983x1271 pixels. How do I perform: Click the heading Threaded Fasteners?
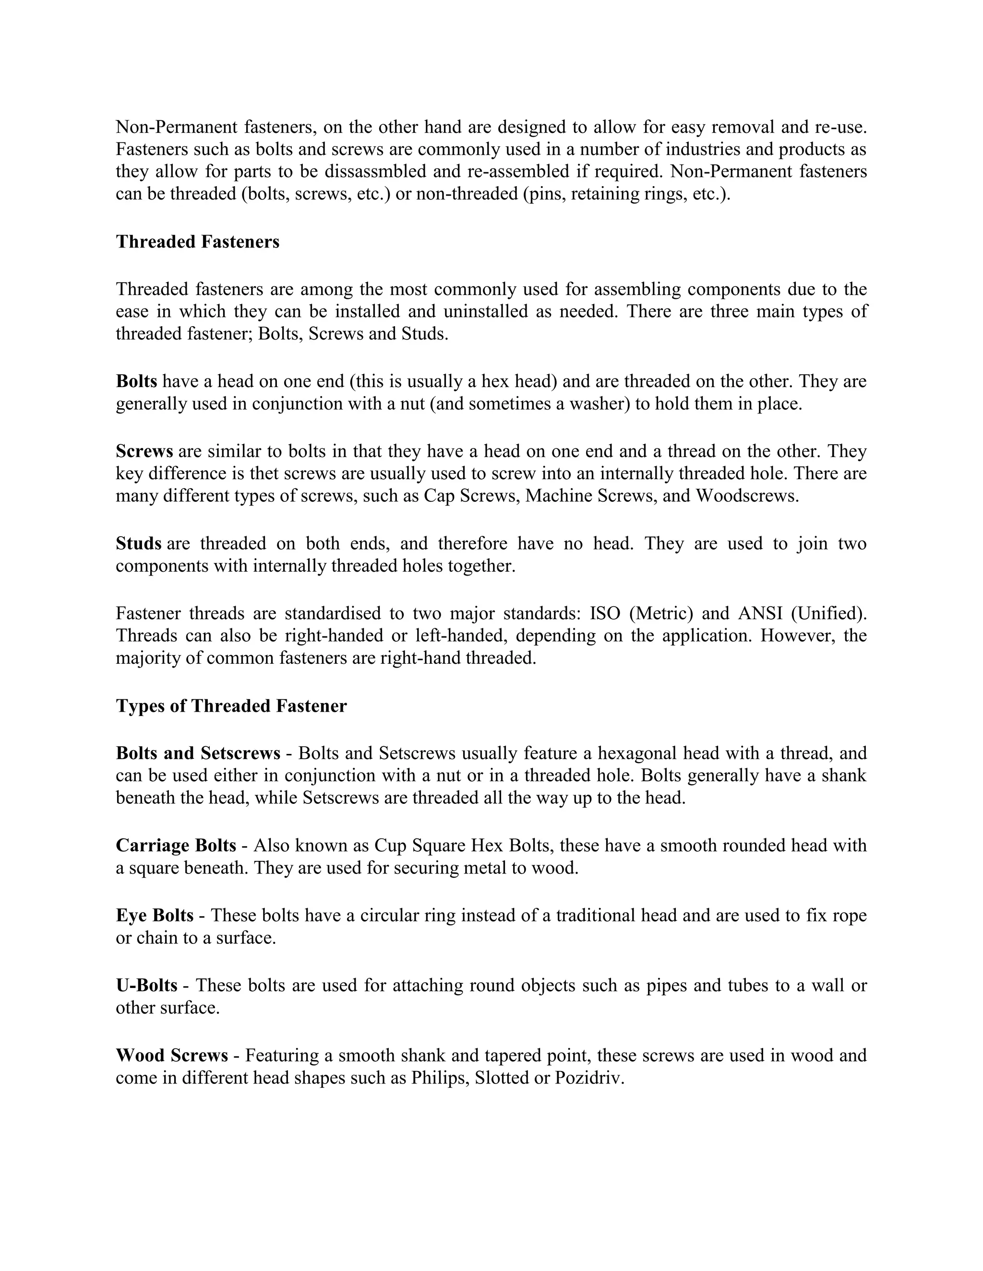[x=197, y=242]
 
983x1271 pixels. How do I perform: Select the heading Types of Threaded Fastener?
[x=231, y=706]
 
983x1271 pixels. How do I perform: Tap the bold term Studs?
[x=139, y=543]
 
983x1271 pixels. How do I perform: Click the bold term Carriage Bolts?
[x=176, y=845]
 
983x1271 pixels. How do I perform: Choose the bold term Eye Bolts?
[x=155, y=916]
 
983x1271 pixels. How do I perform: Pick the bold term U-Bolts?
[x=146, y=985]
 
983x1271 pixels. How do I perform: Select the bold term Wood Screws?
[x=172, y=1055]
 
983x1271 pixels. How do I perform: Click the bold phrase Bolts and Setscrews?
[x=198, y=753]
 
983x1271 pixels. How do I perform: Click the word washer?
[x=601, y=404]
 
